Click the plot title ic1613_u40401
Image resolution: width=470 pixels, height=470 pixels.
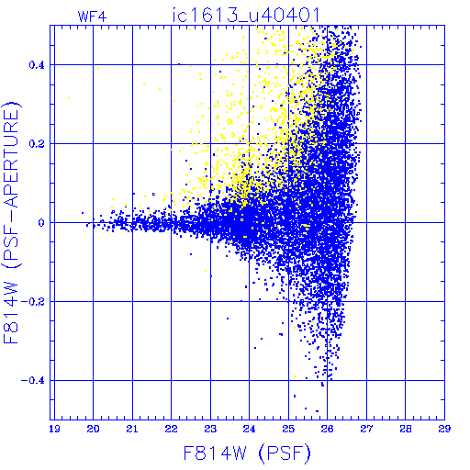click(246, 15)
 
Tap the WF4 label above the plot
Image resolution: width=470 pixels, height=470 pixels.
click(93, 17)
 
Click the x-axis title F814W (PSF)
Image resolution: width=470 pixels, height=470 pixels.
click(247, 453)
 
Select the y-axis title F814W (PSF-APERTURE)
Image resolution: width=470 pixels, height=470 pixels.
click(12, 222)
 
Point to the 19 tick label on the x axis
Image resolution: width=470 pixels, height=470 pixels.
click(54, 429)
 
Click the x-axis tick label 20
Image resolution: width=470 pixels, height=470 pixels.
click(93, 429)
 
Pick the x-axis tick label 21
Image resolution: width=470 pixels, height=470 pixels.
click(132, 429)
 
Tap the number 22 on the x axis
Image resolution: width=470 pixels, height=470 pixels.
click(171, 429)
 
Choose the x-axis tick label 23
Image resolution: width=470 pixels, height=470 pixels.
click(210, 429)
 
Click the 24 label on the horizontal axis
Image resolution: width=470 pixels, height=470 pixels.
click(249, 429)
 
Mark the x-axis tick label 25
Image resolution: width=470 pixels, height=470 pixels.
click(288, 429)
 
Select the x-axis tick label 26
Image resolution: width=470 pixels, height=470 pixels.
click(327, 429)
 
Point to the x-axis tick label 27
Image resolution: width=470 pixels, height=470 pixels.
click(366, 429)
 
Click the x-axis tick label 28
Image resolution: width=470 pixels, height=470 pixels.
click(406, 429)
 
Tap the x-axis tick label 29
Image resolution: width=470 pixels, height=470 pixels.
click(444, 429)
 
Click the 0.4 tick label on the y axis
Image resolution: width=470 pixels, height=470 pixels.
click(37, 65)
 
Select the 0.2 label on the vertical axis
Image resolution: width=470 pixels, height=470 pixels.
click(37, 144)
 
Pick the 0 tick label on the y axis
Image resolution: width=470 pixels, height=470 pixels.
click(41, 223)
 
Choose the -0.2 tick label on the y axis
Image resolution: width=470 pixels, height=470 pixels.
click(33, 302)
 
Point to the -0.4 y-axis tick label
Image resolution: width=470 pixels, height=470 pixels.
click(33, 381)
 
